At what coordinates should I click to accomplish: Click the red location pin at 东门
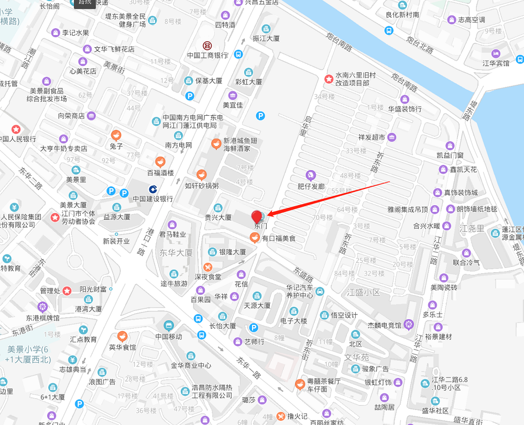257,216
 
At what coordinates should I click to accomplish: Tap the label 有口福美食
279,239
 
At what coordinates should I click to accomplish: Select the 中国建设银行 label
152,199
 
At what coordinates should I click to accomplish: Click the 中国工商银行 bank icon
207,46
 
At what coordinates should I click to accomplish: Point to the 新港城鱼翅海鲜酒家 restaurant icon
215,143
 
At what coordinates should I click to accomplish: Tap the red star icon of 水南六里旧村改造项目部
329,79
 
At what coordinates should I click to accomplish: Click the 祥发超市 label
372,138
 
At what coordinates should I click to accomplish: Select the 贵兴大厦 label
218,217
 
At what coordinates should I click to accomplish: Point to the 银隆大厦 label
232,252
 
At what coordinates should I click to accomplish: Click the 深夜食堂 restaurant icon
208,267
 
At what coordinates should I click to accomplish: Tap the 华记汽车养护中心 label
299,291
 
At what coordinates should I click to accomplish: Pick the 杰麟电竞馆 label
385,326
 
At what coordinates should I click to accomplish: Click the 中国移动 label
168,337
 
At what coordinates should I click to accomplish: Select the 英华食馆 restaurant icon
122,336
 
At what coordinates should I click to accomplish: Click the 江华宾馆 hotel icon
495,53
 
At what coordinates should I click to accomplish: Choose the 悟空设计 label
344,315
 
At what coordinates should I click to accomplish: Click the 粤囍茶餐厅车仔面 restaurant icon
299,384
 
